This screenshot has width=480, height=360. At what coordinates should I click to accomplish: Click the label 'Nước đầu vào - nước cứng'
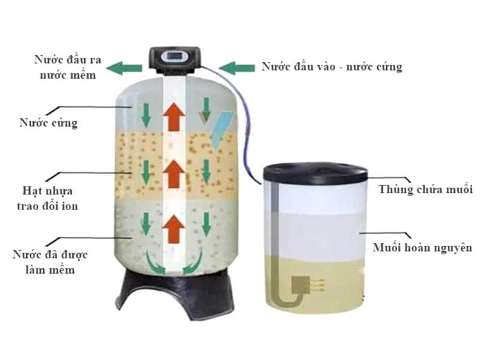click(x=332, y=67)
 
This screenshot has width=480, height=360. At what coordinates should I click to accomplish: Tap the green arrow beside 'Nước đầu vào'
click(x=237, y=68)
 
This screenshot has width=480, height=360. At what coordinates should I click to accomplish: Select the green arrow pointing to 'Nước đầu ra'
click(x=124, y=68)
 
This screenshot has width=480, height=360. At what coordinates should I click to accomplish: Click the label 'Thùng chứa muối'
click(x=425, y=189)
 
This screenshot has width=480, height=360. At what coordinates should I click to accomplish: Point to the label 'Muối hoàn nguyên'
click(x=423, y=247)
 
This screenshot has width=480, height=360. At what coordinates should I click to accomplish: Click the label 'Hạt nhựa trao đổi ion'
click(x=47, y=198)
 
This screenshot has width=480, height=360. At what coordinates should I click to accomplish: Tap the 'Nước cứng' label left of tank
click(x=49, y=123)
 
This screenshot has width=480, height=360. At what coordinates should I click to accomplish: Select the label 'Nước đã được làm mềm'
click(x=50, y=262)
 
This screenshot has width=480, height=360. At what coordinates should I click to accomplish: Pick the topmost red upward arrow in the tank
click(x=174, y=117)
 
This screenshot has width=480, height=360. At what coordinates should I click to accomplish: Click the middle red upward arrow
click(x=174, y=173)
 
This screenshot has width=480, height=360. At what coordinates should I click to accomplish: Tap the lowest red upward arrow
click(x=174, y=229)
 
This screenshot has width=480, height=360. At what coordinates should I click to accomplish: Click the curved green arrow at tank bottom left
click(x=155, y=262)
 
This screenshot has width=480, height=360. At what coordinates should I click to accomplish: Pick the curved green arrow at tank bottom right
click(x=193, y=262)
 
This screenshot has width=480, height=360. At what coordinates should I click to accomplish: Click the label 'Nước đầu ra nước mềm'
click(x=68, y=67)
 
